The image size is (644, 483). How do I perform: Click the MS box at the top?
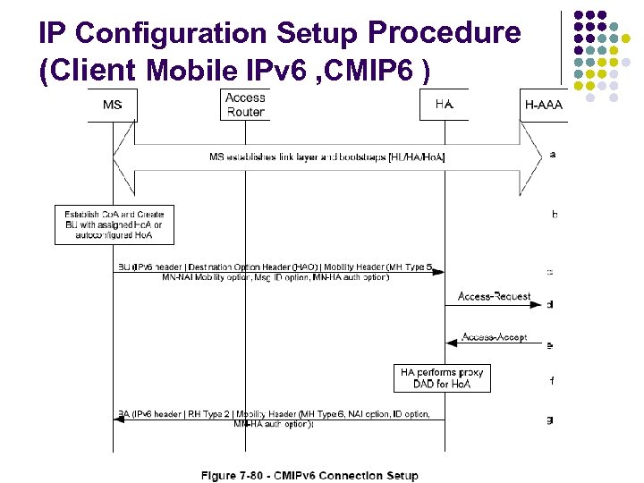113,105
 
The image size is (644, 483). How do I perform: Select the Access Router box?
245,105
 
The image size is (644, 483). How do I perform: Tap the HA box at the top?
445,105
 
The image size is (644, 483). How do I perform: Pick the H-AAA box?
542,105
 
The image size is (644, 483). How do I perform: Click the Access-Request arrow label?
494,296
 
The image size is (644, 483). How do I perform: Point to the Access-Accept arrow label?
494,337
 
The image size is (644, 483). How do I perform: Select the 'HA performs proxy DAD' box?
443,377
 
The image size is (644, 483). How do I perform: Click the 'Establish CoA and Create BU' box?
114,225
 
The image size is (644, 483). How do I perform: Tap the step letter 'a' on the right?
552,154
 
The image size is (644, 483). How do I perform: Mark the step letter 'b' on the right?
555,215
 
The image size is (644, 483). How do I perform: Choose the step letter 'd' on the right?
550,304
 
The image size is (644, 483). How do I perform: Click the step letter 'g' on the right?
550,419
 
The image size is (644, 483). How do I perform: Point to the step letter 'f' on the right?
552,381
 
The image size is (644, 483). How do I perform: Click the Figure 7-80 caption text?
309,475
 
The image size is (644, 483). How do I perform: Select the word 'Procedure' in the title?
445,34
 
